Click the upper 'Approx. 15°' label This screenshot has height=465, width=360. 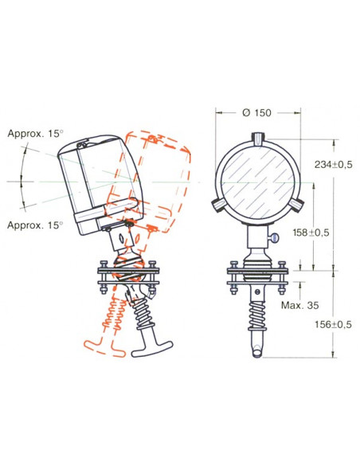pos(34,135)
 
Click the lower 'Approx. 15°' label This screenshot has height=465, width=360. pos(34,225)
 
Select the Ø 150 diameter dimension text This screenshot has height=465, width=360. pos(256,112)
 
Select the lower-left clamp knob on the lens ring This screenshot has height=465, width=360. pos(217,205)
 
